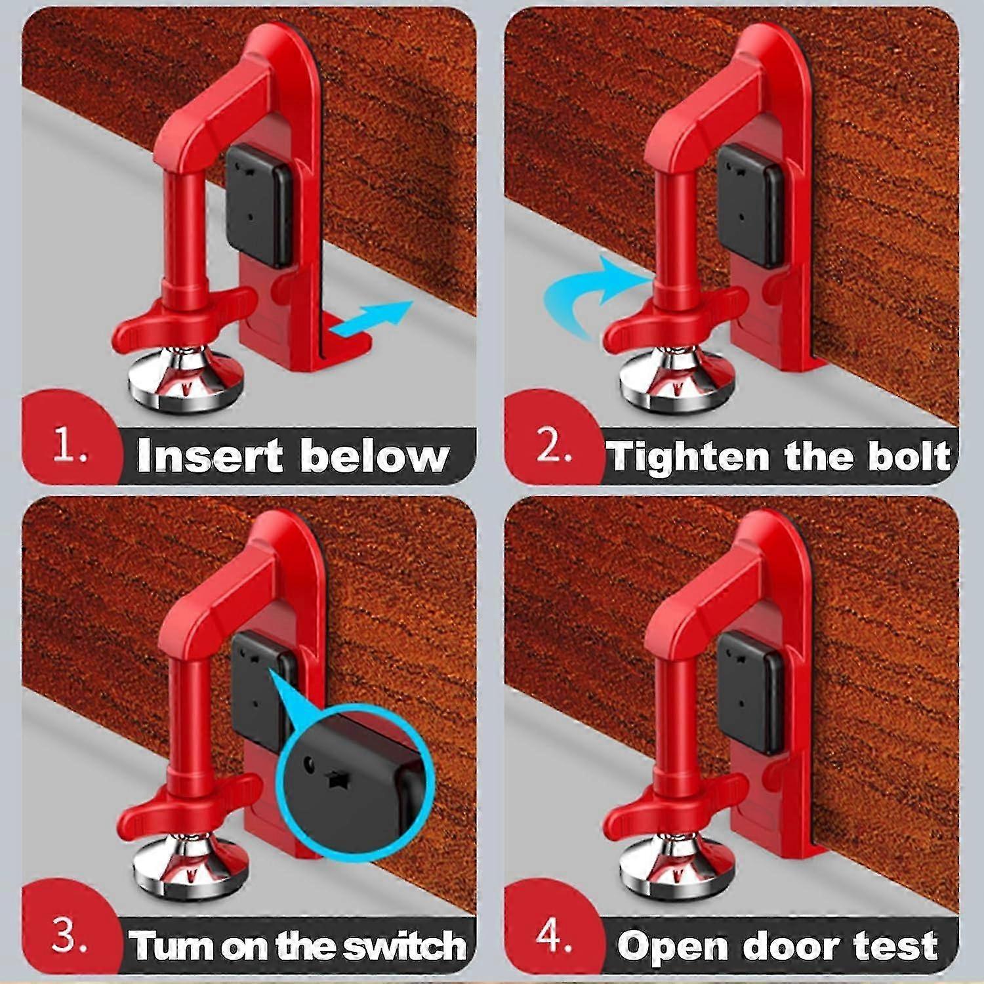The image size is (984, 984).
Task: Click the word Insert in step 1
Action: (210, 455)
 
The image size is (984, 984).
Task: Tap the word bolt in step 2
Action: (909, 456)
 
